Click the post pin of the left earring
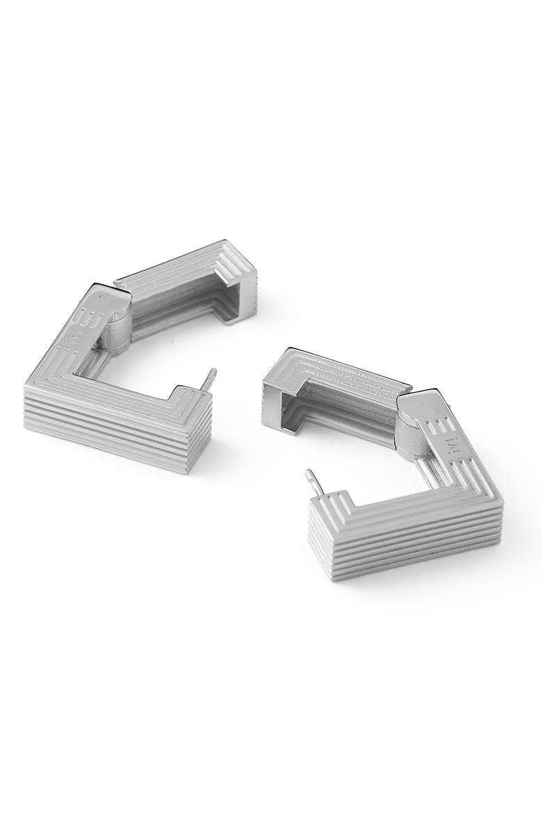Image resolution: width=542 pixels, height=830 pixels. tap(208, 381)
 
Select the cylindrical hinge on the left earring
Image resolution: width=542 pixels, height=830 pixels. tap(119, 325)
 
